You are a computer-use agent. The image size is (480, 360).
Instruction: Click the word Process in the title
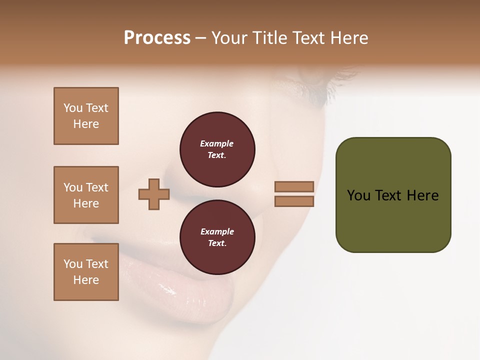click(157, 38)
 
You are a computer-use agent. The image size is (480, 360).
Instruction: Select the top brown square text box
click(86, 116)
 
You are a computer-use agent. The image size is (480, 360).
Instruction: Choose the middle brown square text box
click(86, 195)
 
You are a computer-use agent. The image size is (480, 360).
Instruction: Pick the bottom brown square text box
click(86, 272)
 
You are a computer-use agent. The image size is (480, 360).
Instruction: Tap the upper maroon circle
click(217, 149)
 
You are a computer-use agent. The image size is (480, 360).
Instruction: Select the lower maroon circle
click(217, 237)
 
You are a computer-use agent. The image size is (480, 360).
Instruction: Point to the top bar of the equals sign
click(294, 186)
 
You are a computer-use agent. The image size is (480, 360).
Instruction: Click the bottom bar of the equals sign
click(294, 201)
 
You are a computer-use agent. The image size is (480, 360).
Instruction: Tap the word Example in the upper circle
click(217, 143)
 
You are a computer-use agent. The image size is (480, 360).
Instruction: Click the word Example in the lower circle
click(217, 231)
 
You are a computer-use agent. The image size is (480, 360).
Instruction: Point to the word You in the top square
click(72, 108)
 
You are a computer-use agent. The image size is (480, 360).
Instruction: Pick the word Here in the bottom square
click(86, 280)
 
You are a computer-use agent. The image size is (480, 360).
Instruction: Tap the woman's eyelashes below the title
click(320, 87)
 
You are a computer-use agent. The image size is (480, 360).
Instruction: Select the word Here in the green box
click(422, 195)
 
